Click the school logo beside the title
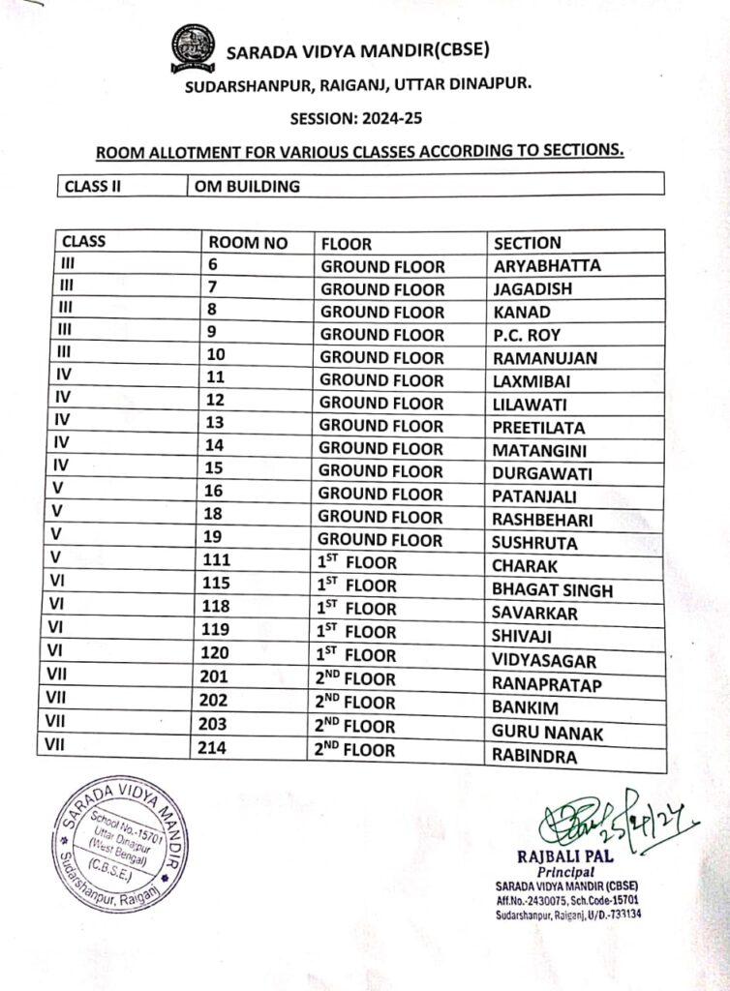[x=192, y=48]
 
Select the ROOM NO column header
[x=248, y=243]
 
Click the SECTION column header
[x=527, y=243]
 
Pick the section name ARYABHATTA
[x=546, y=266]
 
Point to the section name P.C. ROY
[x=527, y=335]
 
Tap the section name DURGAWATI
[x=541, y=474]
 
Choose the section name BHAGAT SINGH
[x=552, y=590]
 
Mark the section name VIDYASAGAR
[x=543, y=661]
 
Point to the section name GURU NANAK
[x=547, y=733]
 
